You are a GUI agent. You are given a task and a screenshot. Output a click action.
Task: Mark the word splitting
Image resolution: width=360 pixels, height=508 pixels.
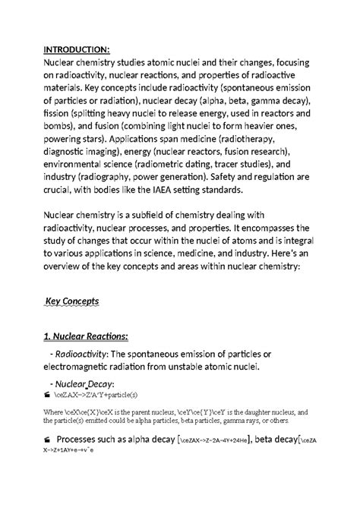pyautogui.click(x=91, y=114)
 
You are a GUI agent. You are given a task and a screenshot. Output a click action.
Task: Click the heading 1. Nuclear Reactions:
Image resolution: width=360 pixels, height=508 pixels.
pyautogui.click(x=86, y=335)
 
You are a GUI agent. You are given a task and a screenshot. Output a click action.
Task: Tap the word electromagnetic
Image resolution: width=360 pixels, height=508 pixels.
pyautogui.click(x=83, y=368)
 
